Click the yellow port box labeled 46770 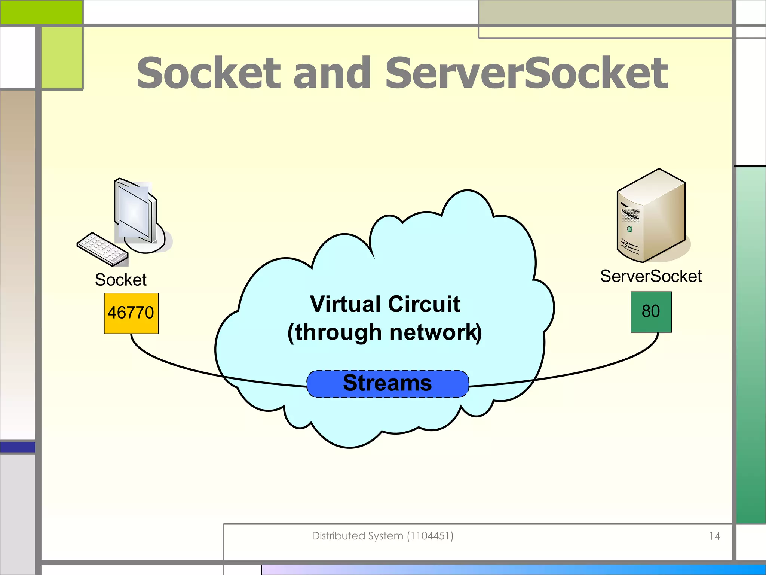131,313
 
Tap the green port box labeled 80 651,312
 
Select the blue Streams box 387,384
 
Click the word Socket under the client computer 120,280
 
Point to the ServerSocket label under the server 651,276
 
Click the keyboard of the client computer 102,249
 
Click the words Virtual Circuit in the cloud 385,304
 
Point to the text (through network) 384,332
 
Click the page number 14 714,536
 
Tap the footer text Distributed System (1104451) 382,536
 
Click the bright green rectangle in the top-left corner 41,12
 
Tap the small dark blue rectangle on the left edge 18,447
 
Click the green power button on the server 629,229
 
